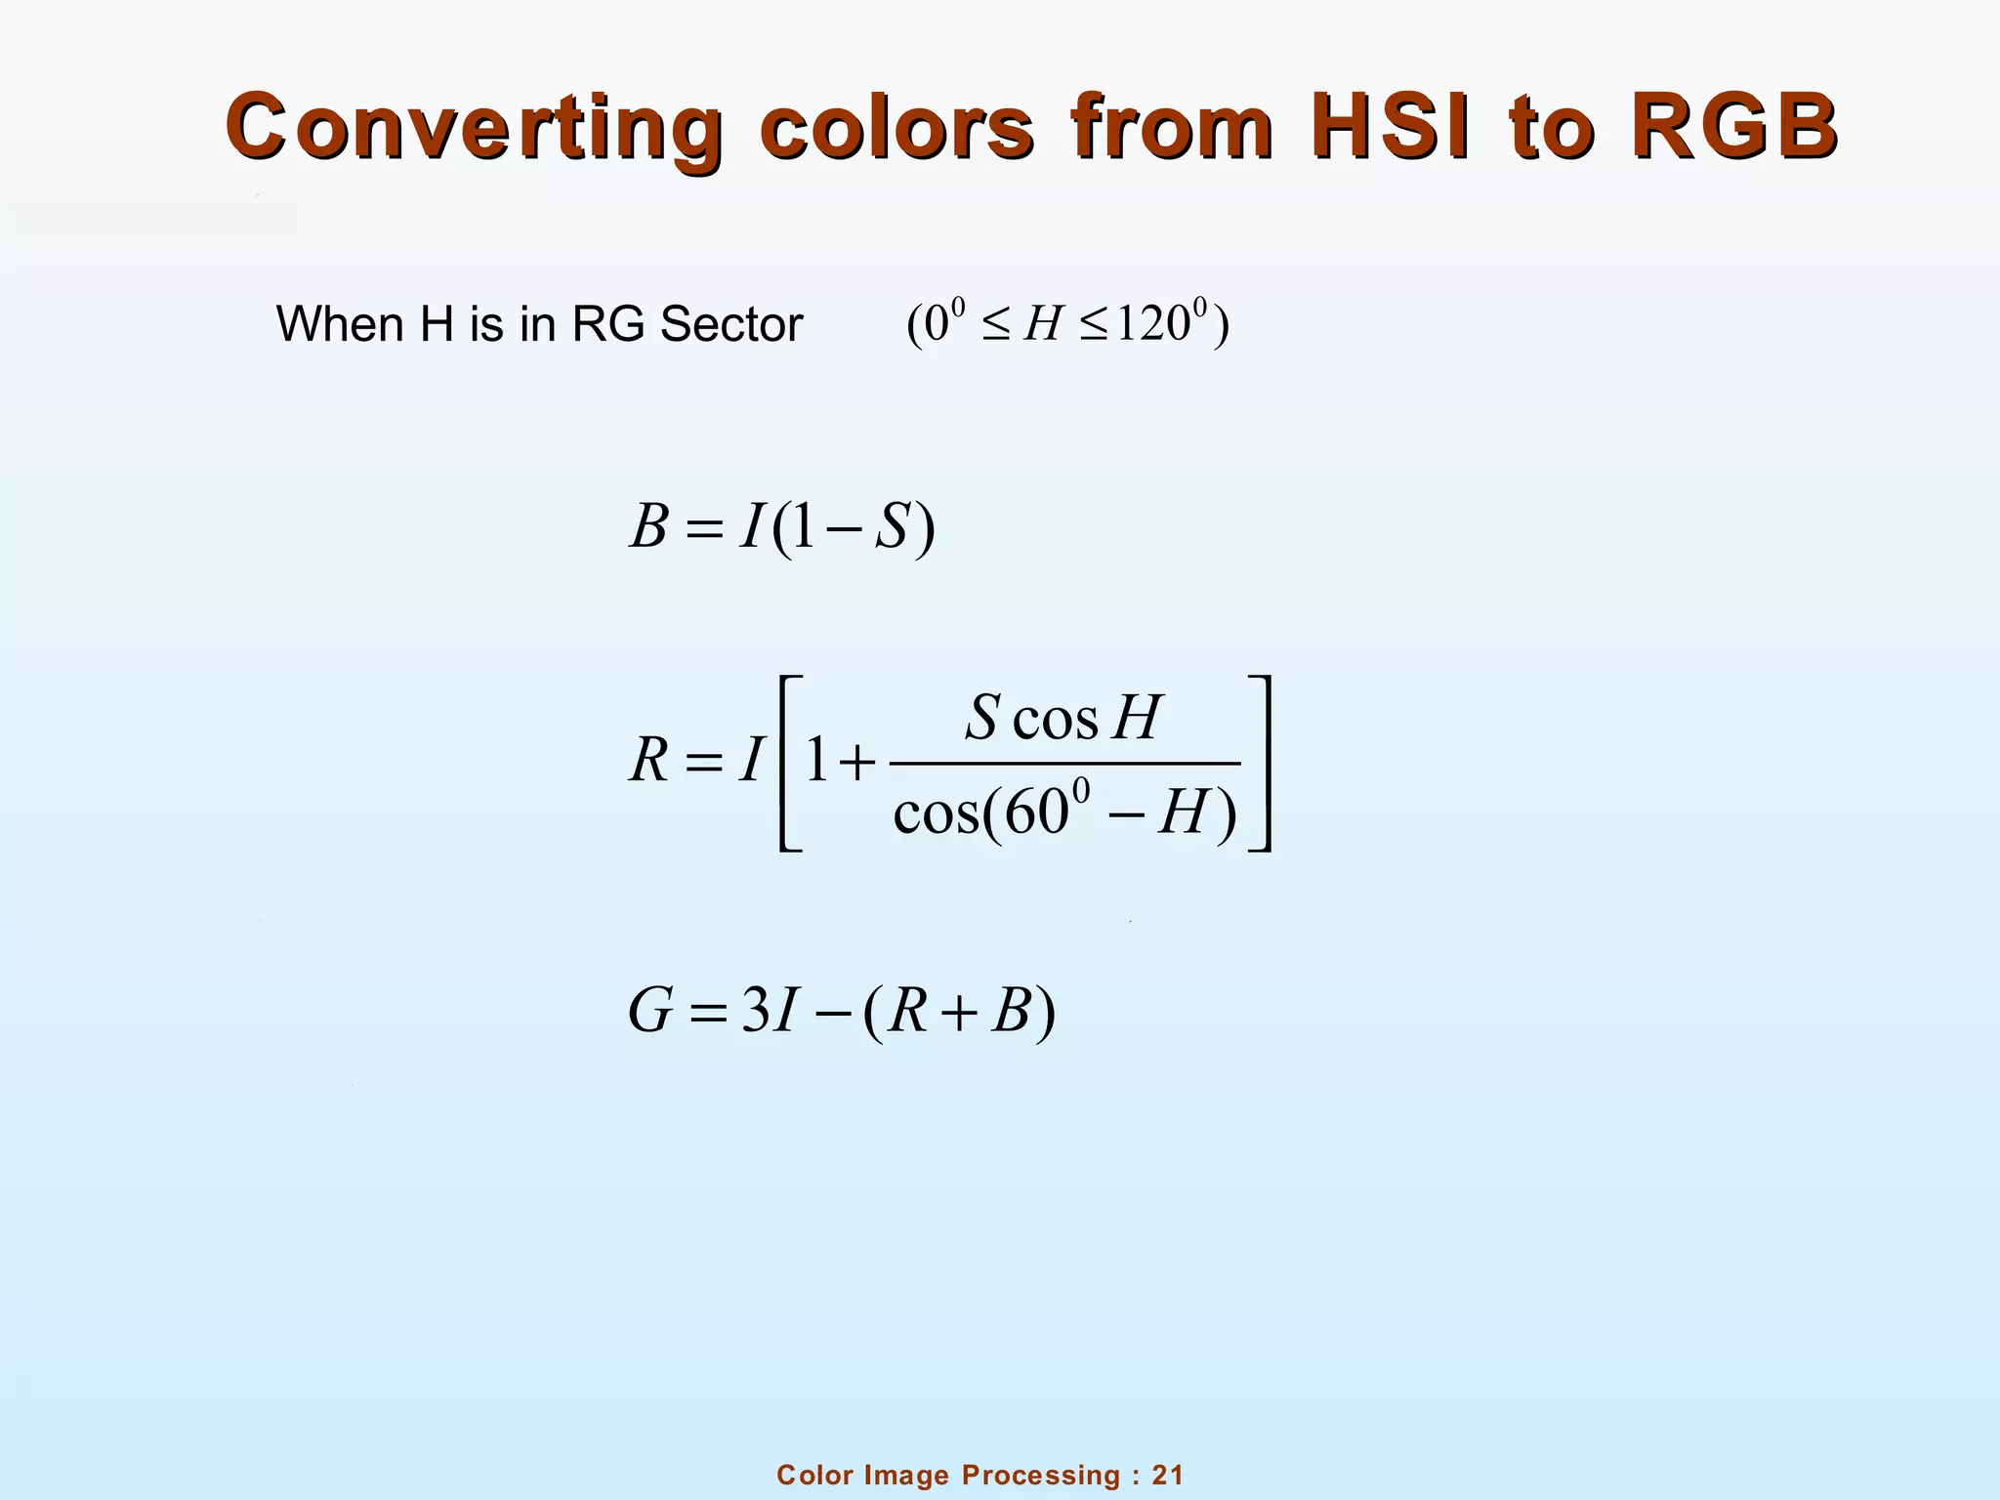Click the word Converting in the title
coord(475,127)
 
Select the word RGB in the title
coord(1734,127)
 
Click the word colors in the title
coord(896,127)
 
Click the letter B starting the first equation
coord(649,527)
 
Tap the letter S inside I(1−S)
coord(892,527)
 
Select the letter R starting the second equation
coord(649,760)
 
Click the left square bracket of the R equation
coord(789,764)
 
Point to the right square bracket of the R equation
coord(1261,764)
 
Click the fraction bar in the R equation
coord(1064,764)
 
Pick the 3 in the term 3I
coord(756,1011)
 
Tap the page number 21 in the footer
coord(1167,1475)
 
